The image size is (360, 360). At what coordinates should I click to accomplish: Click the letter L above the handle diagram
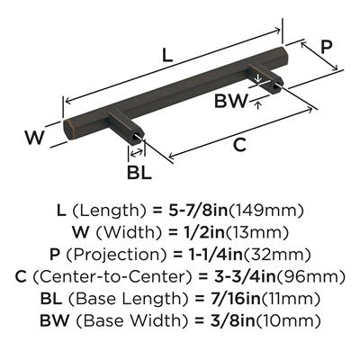pyautogui.click(x=167, y=56)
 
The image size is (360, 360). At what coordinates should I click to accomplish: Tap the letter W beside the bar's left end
pyautogui.click(x=35, y=138)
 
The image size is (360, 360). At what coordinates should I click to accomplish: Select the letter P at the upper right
pyautogui.click(x=326, y=47)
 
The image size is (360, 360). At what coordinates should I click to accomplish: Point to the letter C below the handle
pyautogui.click(x=239, y=145)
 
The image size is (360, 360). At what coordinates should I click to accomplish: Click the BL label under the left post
pyautogui.click(x=139, y=173)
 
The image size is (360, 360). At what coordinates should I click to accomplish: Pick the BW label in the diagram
pyautogui.click(x=231, y=101)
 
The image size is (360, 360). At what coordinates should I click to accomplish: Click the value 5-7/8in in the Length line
pyautogui.click(x=198, y=211)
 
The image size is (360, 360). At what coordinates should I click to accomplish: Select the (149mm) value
pyautogui.click(x=266, y=211)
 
